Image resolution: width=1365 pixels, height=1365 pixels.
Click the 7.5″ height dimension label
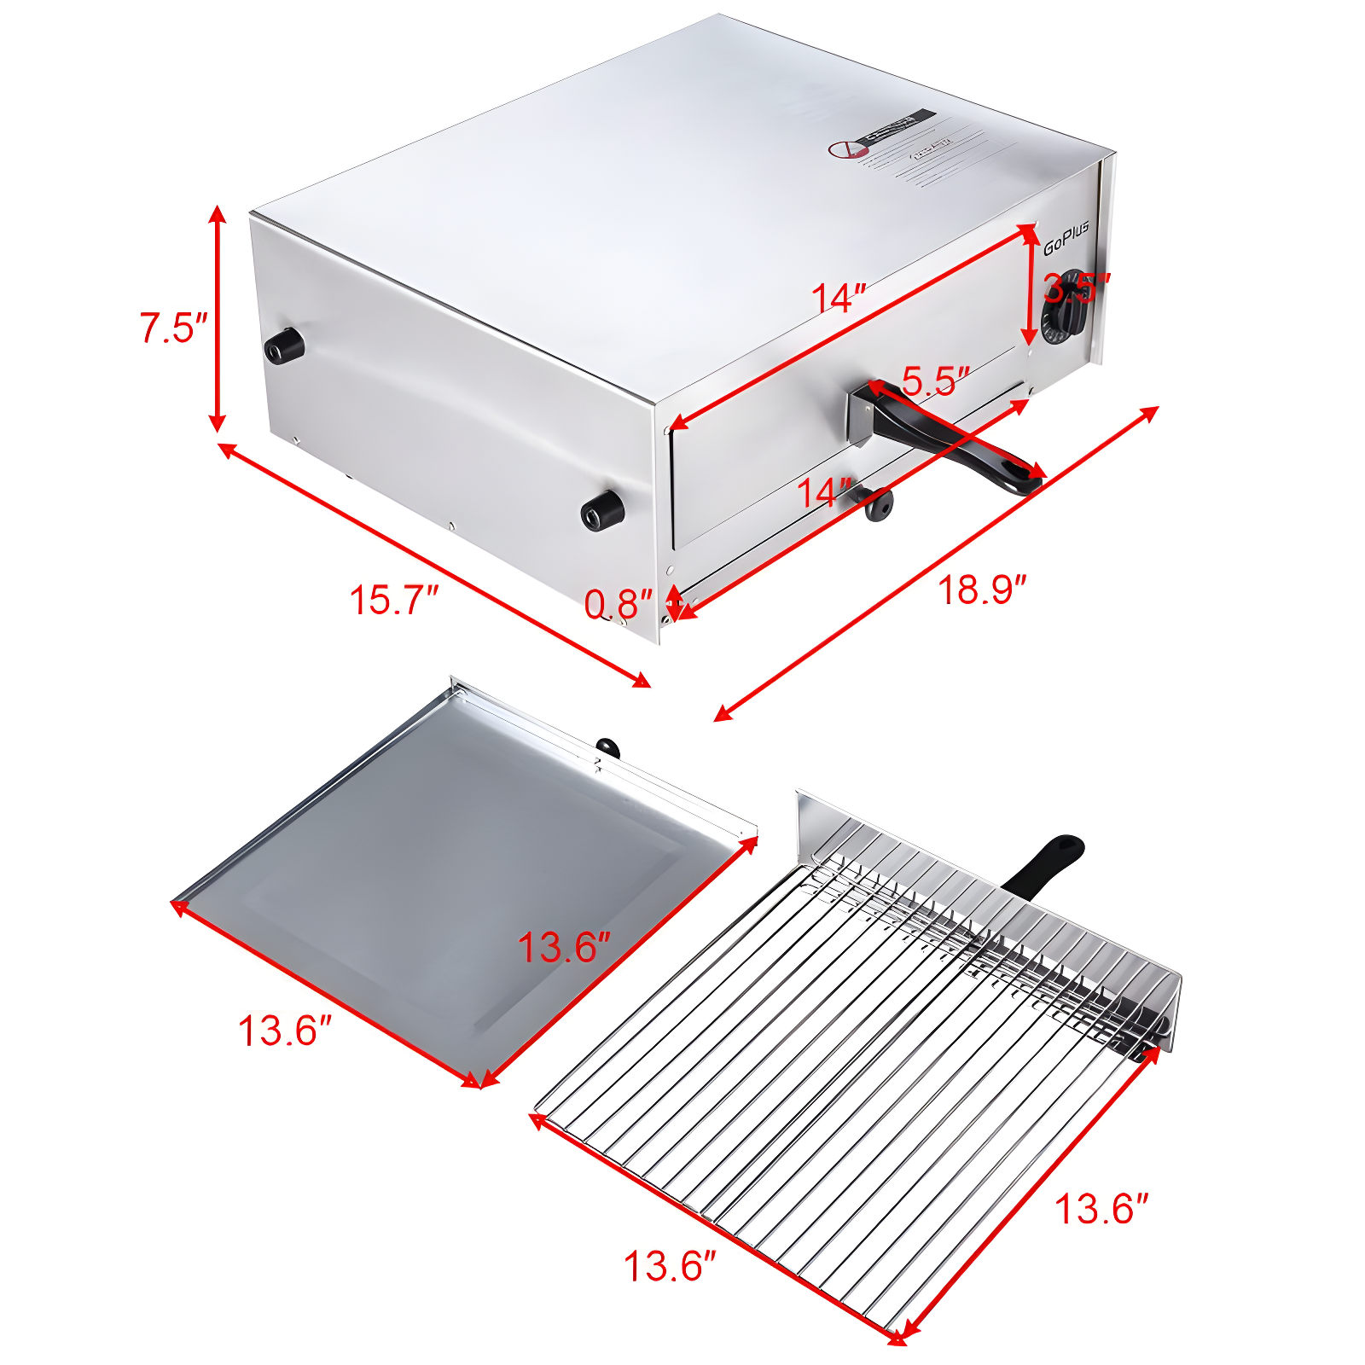point(173,328)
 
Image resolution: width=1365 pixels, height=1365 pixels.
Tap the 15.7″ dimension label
point(393,600)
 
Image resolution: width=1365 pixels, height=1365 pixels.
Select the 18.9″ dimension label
point(981,590)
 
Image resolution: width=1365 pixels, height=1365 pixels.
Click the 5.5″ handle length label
point(935,380)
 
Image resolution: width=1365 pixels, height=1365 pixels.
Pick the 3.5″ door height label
point(1077,288)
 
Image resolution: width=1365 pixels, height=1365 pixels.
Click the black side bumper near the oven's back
point(284,345)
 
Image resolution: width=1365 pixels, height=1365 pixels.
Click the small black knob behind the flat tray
point(607,748)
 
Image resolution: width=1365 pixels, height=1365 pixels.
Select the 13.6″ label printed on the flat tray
point(564,948)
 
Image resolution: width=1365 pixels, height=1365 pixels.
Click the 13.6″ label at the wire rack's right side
point(1101,1209)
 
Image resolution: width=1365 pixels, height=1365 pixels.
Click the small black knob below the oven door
point(878,504)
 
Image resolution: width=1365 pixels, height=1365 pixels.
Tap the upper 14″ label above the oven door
point(838,299)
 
